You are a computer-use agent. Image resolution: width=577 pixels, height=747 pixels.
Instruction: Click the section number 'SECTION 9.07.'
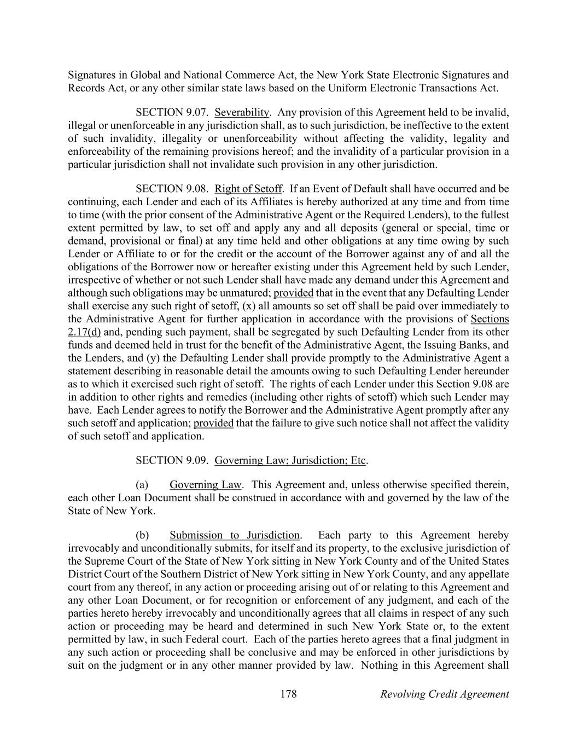tap(172, 113)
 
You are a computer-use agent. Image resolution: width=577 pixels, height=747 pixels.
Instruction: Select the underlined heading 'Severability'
tap(242, 113)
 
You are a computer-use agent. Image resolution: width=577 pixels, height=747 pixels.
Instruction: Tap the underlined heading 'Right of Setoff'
tap(248, 189)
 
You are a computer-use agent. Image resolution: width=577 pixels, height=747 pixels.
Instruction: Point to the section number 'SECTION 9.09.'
tap(172, 460)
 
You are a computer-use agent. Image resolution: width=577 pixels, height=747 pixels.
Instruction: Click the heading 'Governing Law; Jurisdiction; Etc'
tap(290, 460)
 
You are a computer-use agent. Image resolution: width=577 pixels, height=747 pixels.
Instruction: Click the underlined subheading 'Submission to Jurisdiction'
tap(235, 535)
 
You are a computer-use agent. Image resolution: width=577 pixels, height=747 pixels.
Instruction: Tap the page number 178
tap(288, 694)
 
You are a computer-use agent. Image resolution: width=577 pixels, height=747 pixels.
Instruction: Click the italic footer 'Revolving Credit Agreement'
tap(444, 694)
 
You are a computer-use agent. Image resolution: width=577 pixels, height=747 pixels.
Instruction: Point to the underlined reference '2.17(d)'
tap(84, 332)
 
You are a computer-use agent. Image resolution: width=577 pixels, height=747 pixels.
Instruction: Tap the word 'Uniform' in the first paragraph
tap(348, 88)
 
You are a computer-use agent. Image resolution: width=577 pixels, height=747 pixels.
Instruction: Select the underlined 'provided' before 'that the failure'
tap(213, 424)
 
